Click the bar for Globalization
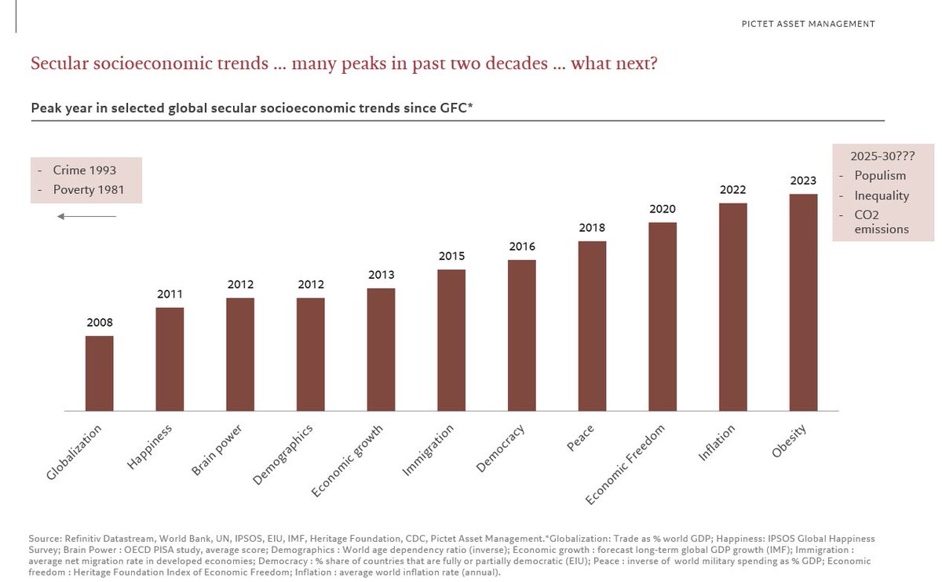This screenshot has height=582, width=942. [99, 373]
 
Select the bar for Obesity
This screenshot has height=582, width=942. [803, 302]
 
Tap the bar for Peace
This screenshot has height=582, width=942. [592, 326]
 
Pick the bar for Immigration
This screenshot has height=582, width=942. [451, 340]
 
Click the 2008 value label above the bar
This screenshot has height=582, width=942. [99, 322]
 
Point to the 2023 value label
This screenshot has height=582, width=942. [803, 181]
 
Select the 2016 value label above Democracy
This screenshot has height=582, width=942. [521, 246]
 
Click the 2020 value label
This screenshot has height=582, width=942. [663, 209]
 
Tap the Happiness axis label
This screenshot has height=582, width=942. [150, 447]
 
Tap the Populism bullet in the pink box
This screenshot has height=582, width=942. [880, 176]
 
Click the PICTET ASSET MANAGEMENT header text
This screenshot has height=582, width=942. [808, 24]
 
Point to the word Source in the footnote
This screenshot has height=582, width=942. [43, 539]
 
